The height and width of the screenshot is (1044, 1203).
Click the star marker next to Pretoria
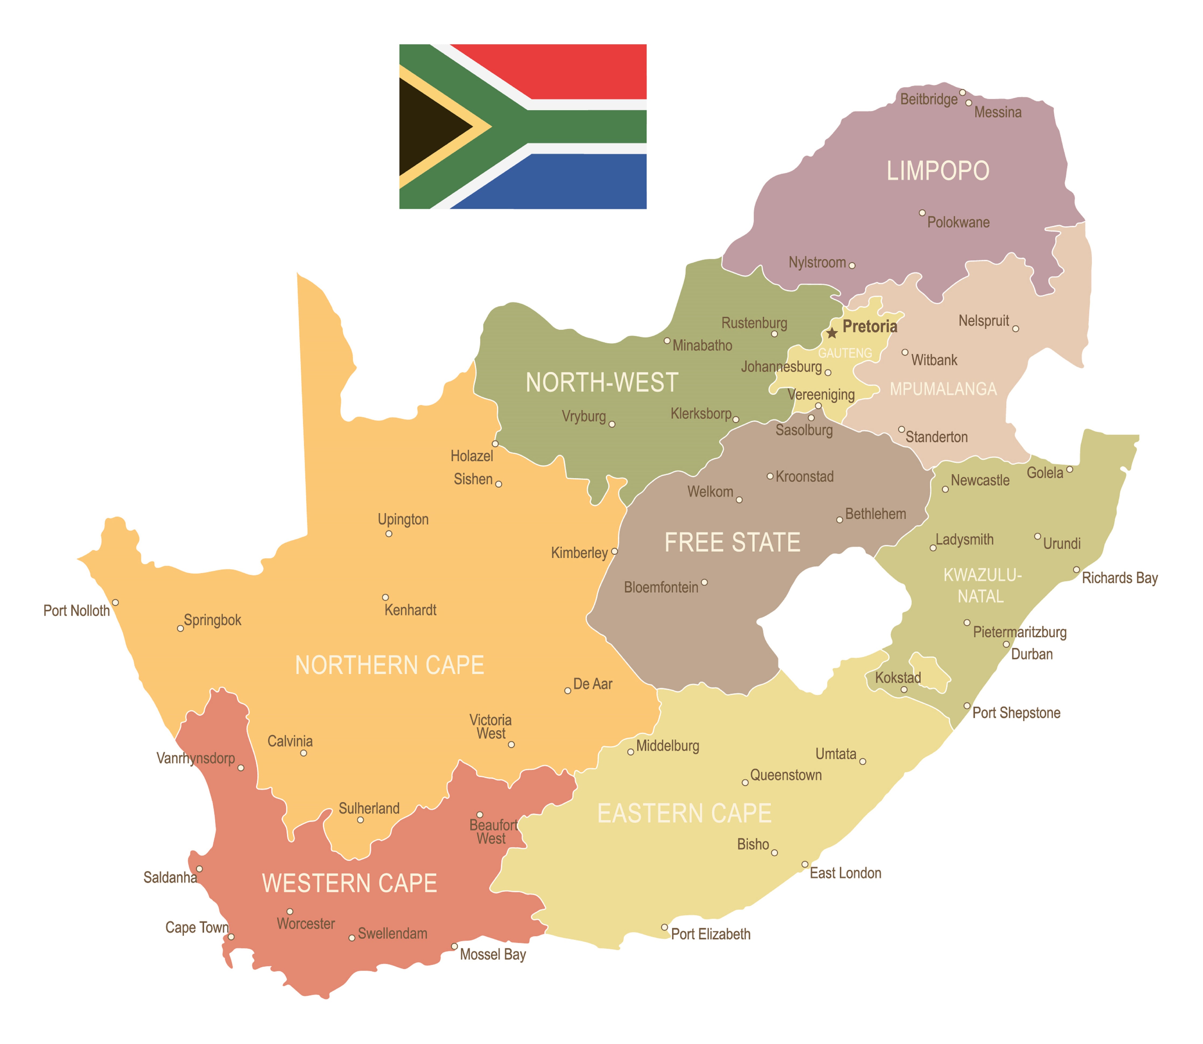point(832,333)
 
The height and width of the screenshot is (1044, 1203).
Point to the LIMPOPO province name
point(938,171)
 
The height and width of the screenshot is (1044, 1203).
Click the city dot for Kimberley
point(614,551)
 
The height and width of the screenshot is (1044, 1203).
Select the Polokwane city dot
point(922,213)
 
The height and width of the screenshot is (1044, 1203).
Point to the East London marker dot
point(805,865)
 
